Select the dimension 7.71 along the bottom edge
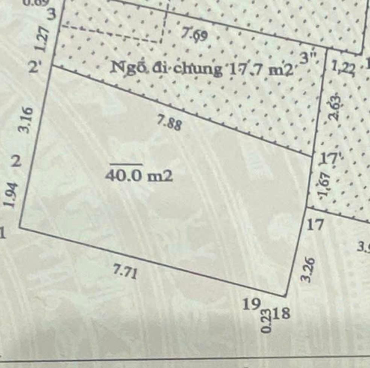point(125,272)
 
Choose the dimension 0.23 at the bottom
point(267,321)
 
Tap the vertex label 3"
point(309,58)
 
